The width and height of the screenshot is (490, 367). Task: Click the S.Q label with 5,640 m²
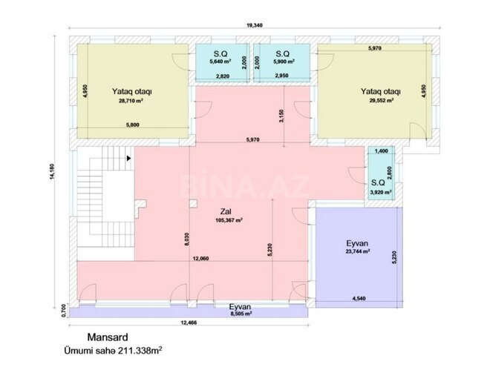pyautogui.click(x=220, y=54)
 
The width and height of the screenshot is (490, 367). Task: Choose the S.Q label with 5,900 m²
pyautogui.click(x=281, y=54)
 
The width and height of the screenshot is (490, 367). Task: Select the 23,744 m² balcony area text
pyautogui.click(x=362, y=251)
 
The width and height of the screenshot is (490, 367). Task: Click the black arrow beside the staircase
pyautogui.click(x=129, y=157)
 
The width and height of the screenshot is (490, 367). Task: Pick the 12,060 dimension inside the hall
pyautogui.click(x=199, y=259)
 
